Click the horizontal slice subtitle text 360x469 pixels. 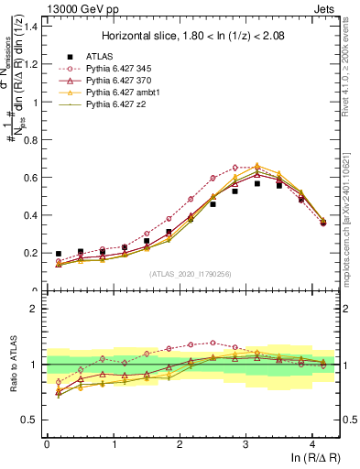[x=193, y=36]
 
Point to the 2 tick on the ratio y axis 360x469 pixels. [x=35, y=309]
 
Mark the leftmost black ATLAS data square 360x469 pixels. [x=58, y=254]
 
